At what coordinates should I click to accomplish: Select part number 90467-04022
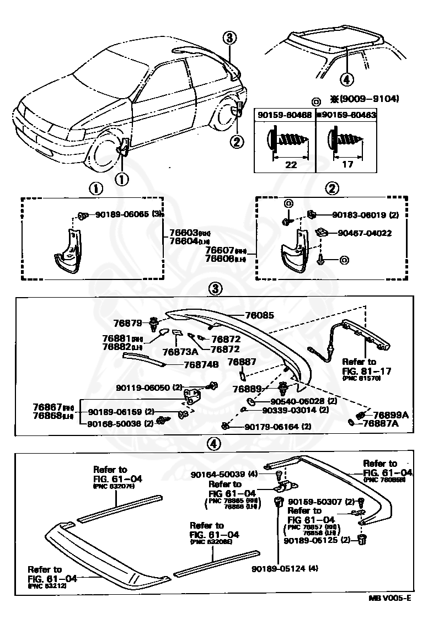(361, 233)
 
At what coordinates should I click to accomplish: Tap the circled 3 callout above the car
(231, 38)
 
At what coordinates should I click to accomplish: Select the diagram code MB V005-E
(389, 598)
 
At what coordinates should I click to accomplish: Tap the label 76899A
(390, 415)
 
